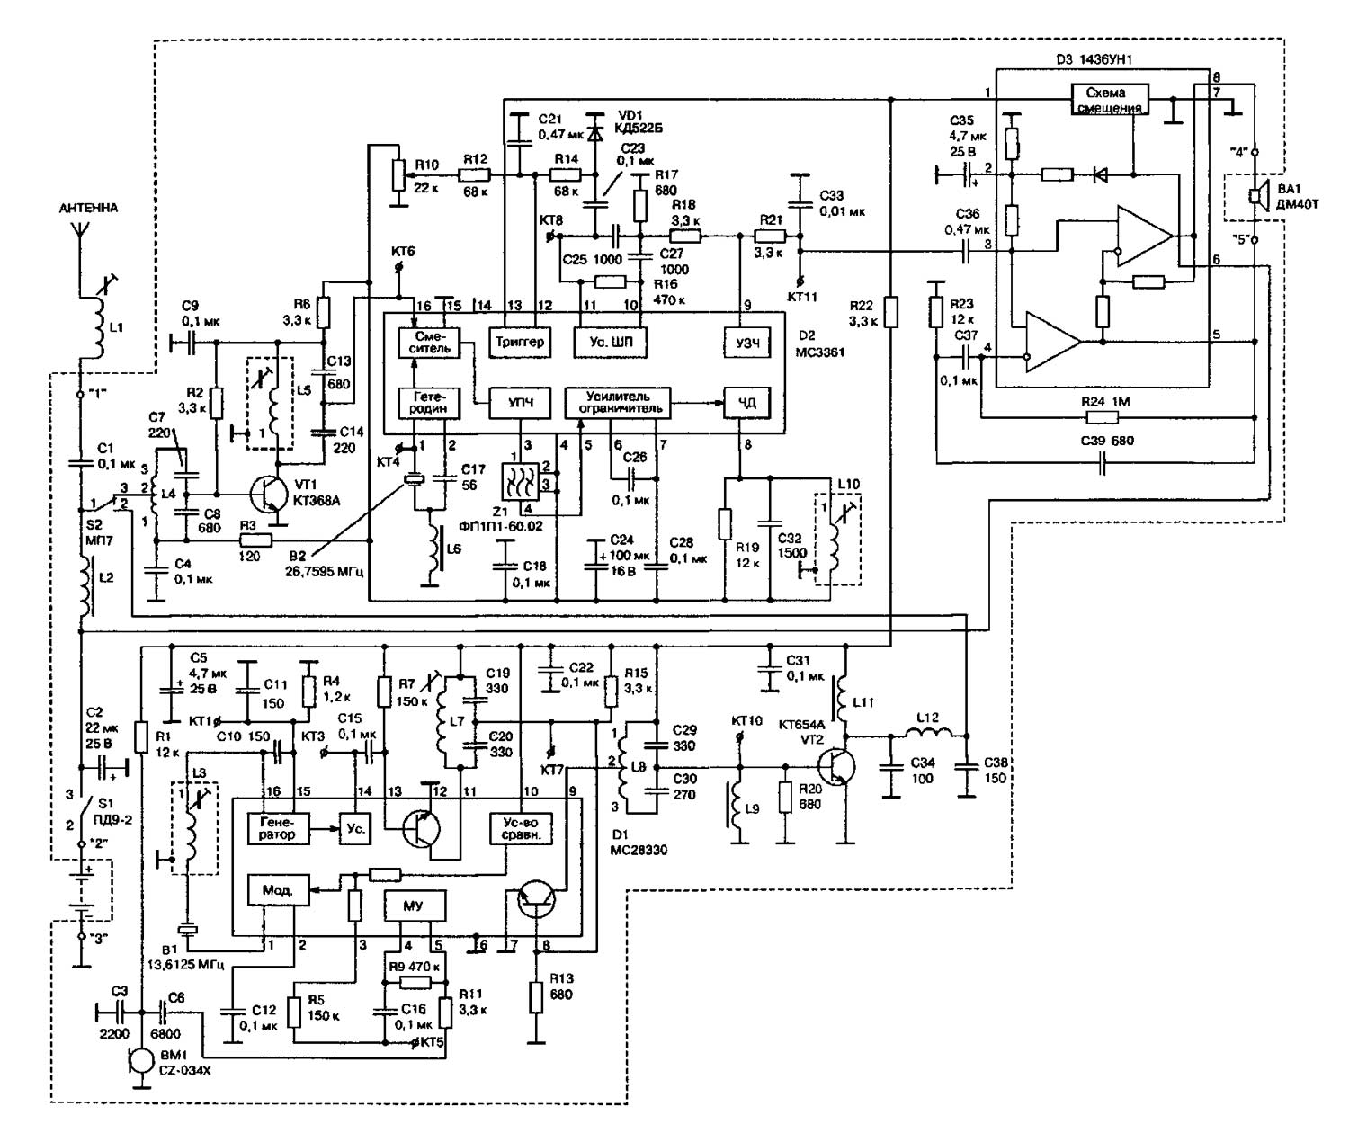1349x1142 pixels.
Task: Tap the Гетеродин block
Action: pyautogui.click(x=428, y=402)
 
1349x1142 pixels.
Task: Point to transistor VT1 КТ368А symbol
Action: pyautogui.click(x=270, y=495)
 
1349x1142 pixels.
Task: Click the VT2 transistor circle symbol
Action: pyautogui.click(x=836, y=766)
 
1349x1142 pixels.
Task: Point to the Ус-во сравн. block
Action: pyautogui.click(x=521, y=827)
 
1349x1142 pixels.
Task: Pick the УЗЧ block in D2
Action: pyautogui.click(x=746, y=342)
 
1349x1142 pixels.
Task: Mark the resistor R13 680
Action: pyautogui.click(x=536, y=997)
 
